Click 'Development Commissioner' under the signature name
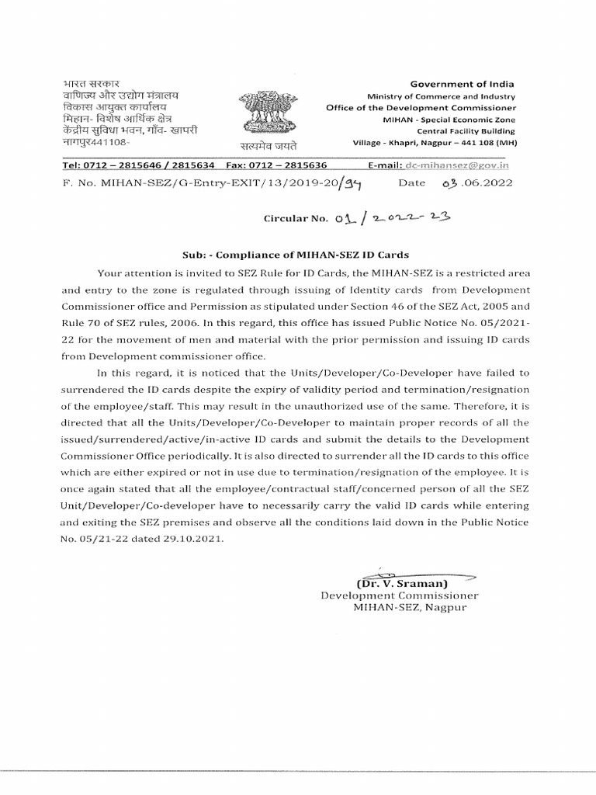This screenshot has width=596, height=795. click(x=400, y=595)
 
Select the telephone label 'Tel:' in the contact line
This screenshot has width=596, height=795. click(x=74, y=165)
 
